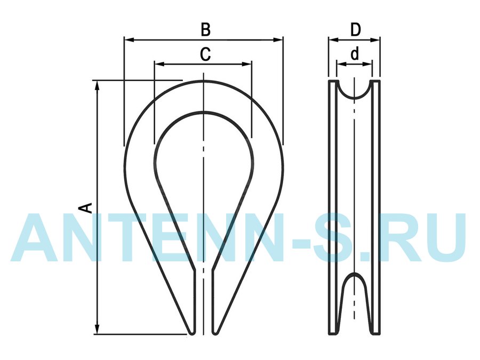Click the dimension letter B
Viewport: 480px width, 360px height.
tap(206, 30)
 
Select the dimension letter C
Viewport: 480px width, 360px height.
tap(205, 54)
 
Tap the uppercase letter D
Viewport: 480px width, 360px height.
tap(355, 30)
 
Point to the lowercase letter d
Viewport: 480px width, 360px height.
tap(355, 54)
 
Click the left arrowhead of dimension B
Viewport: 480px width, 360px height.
tap(129, 39)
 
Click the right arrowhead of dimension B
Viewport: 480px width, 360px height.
tap(278, 39)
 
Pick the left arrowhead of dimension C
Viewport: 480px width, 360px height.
tap(159, 64)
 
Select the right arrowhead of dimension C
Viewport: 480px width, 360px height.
tap(247, 64)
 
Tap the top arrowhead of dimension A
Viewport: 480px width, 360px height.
tap(98, 86)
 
